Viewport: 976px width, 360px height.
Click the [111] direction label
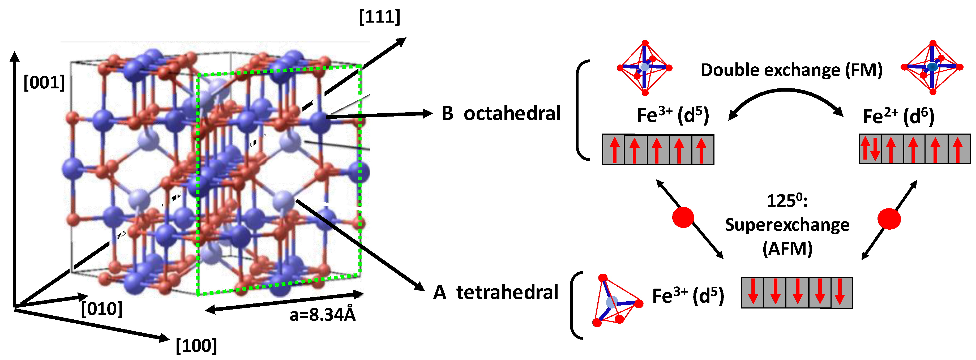click(379, 17)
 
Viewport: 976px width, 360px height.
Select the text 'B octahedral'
click(501, 114)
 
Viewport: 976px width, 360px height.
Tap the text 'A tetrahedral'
click(496, 293)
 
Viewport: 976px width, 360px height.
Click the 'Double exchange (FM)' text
click(791, 70)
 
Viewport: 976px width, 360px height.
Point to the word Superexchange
click(787, 225)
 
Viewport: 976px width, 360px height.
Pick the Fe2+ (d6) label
click(898, 116)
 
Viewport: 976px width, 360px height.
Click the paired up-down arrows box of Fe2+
click(870, 149)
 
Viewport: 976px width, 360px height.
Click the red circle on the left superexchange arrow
click(683, 217)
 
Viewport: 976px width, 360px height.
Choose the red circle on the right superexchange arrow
click(889, 219)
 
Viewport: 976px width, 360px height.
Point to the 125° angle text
click(787, 201)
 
